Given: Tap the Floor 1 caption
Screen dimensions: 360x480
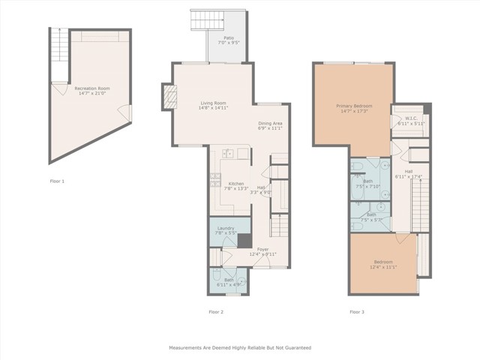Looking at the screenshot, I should [57, 181].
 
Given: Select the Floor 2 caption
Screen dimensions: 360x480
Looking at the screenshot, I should [216, 311].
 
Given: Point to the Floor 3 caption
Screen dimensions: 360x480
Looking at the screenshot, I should [356, 311].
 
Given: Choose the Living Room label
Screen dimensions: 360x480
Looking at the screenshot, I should [213, 106].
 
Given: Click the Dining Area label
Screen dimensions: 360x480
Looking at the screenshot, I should [270, 125].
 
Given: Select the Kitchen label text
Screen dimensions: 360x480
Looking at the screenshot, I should [236, 186].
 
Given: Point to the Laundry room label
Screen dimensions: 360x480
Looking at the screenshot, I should [226, 230].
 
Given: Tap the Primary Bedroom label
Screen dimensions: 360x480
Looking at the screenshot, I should [353, 109].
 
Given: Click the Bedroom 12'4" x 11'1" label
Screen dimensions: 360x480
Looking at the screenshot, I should [382, 264].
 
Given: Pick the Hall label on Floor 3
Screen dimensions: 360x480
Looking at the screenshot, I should [409, 173].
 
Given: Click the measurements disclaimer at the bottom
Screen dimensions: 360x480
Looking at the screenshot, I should [238, 348].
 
